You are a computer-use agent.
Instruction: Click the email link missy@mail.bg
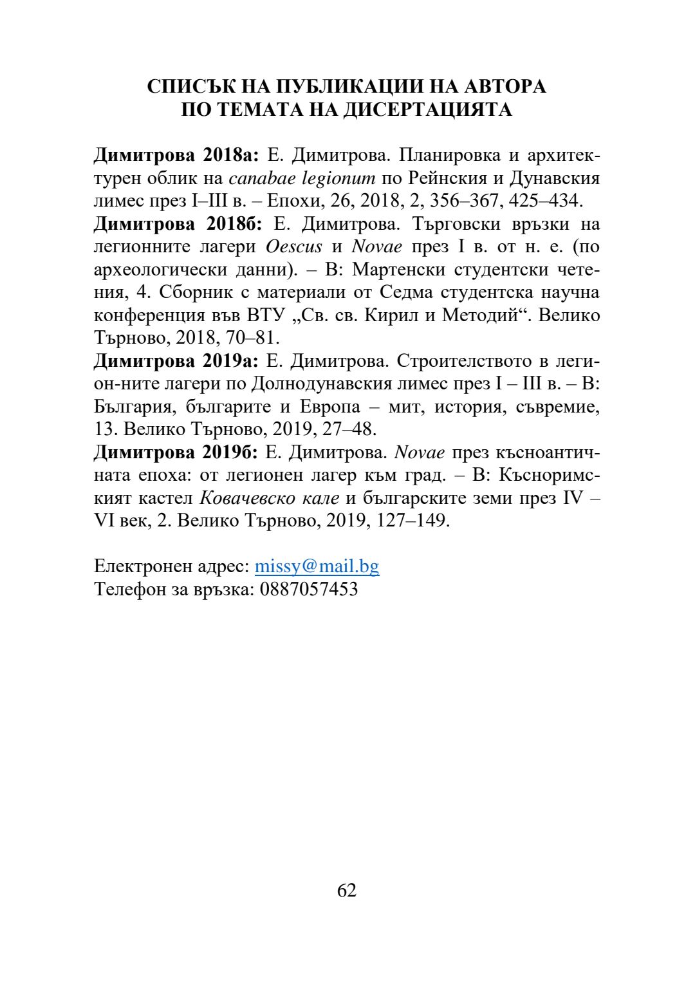(317, 566)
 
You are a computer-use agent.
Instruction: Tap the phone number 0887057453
(309, 589)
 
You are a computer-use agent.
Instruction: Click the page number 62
(347, 890)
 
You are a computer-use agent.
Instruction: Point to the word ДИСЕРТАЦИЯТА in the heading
(427, 109)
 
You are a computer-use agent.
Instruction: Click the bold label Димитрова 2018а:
(176, 155)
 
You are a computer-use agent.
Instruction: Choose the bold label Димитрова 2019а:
(176, 360)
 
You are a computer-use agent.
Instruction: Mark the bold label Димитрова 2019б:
(176, 452)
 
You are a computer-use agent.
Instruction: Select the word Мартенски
(396, 269)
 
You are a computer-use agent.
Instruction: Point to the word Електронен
(136, 566)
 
